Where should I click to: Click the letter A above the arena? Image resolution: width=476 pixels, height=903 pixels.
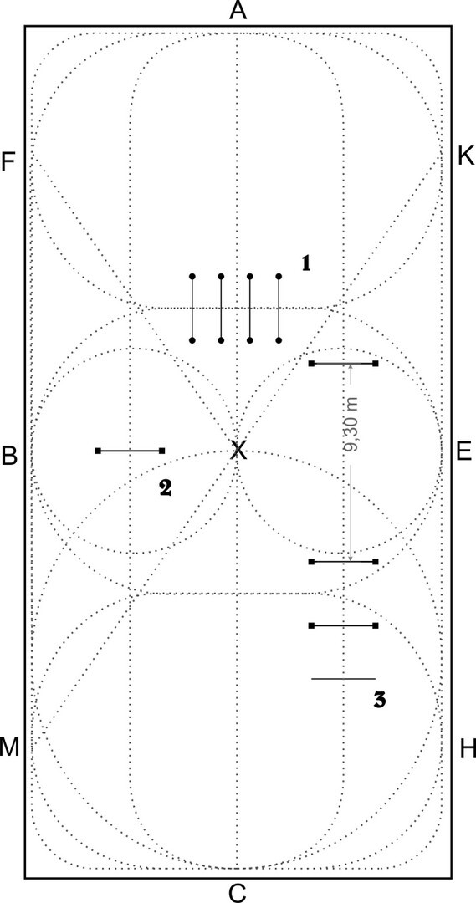pos(238,11)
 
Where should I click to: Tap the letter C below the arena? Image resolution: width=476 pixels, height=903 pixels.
pos(238,893)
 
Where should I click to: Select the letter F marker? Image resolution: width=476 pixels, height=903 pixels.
pos(8,162)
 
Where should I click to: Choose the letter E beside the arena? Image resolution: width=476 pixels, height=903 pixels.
pos(464,452)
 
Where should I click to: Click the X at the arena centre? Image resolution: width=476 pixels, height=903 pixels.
pos(238,450)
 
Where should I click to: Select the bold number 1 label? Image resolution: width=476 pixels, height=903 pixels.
pos(306,263)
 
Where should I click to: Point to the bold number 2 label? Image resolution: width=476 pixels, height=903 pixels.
pos(165,487)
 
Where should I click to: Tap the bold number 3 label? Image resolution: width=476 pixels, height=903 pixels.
pos(379,699)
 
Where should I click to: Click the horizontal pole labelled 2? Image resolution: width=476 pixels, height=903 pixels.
pos(130,451)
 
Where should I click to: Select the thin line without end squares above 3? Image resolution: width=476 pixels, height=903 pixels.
pos(344,679)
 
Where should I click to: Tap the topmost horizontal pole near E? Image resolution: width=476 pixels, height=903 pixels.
pos(344,364)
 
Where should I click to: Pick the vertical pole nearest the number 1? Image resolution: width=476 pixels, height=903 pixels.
pos(279,309)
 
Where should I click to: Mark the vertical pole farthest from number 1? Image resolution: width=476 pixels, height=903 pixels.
pos(192,309)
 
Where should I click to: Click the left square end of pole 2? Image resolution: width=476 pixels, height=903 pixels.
pos(98,451)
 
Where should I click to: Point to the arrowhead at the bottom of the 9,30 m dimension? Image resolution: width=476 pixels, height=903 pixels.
pos(351,557)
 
